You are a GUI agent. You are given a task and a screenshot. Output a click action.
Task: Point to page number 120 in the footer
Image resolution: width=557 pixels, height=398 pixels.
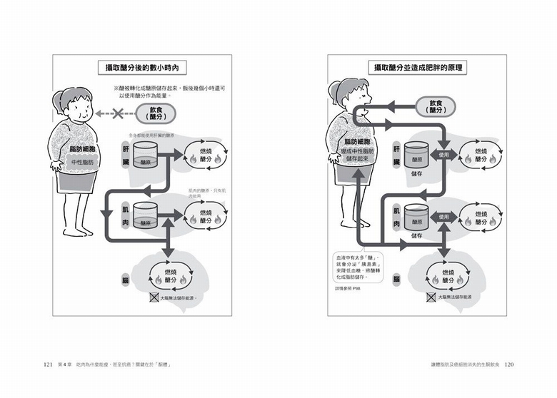click(x=508, y=364)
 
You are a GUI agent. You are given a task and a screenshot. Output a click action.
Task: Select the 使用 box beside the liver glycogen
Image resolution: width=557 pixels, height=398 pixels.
click(x=444, y=154)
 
